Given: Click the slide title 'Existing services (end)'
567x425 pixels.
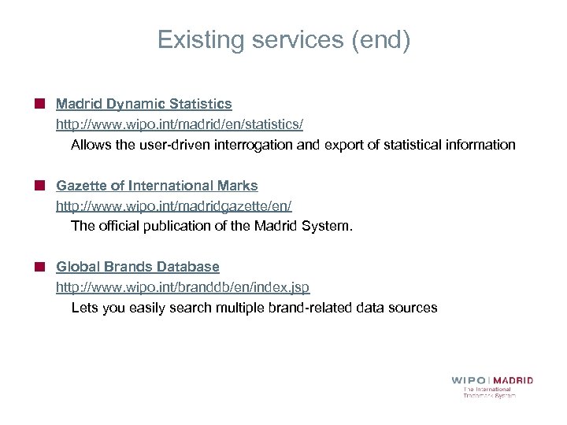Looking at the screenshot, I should coord(283,40).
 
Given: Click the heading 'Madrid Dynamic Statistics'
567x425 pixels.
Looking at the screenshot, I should coord(143,104).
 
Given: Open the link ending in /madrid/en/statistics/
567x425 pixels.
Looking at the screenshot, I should coord(179,124).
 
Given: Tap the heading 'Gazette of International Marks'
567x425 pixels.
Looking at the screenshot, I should coord(157,186).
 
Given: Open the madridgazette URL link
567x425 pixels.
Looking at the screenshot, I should coord(173,206).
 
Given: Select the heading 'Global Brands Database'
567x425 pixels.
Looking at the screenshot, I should coord(137,268).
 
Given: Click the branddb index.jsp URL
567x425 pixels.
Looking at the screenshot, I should coord(187,288).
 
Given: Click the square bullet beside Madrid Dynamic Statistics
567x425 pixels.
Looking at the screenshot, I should coord(39,104).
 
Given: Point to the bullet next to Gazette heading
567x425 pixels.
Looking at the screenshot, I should coord(39,186).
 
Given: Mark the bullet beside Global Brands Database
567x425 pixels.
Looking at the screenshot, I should coord(39,268).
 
